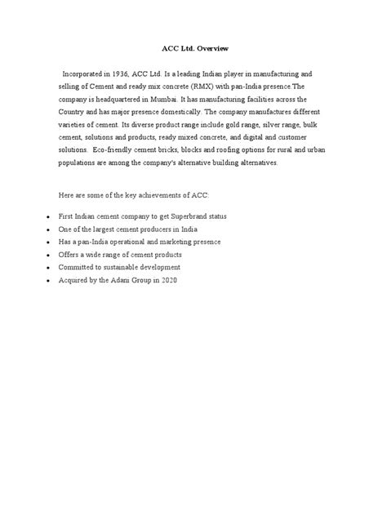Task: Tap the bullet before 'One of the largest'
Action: pos(49,229)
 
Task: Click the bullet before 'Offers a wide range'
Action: pos(49,255)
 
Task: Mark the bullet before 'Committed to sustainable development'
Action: pos(49,268)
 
